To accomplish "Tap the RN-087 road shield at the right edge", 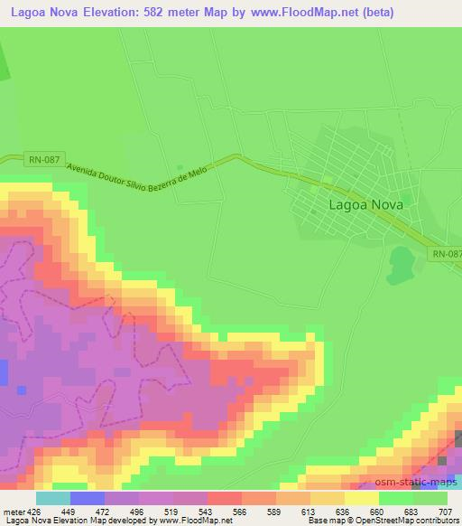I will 446,255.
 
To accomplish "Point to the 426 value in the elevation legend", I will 34,511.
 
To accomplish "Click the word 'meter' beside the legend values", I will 14,511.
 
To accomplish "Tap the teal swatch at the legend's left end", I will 52,498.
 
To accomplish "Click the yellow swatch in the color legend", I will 361,498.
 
